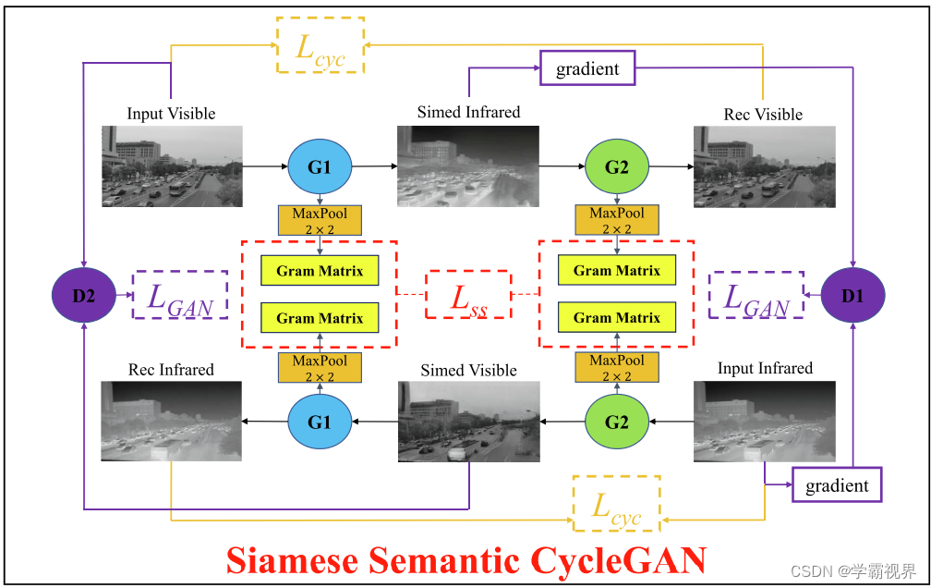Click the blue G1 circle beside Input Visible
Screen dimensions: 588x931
[x=320, y=167]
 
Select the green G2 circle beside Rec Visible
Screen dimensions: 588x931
[x=616, y=167]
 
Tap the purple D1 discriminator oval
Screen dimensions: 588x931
[x=852, y=295]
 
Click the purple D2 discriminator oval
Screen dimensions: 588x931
[x=84, y=295]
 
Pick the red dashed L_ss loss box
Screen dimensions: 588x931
[x=467, y=295]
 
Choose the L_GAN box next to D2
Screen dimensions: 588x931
[x=181, y=295]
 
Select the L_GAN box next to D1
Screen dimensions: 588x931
[x=756, y=295]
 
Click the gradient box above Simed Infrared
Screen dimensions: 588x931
[x=587, y=69]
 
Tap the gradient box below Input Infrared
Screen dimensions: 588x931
[x=837, y=485]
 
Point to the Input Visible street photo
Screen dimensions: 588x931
[x=172, y=165]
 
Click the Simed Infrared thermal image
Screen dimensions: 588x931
[x=468, y=165]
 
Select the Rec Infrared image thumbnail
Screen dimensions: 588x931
[x=171, y=421]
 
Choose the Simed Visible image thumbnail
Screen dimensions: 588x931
[x=468, y=421]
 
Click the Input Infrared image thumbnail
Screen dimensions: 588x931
[x=765, y=421]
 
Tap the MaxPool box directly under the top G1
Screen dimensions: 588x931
[x=320, y=220]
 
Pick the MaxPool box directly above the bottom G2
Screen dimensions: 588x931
[x=616, y=367]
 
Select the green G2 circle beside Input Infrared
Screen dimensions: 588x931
[x=616, y=423]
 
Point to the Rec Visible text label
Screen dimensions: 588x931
[x=763, y=115]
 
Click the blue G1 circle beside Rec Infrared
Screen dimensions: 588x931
[x=320, y=423]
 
